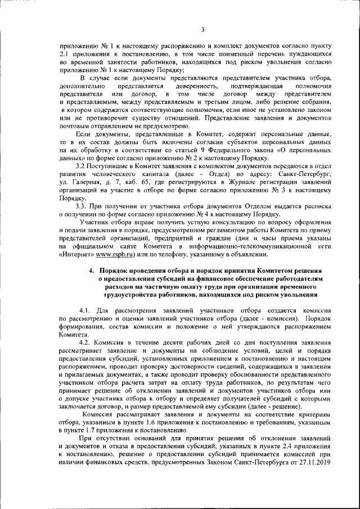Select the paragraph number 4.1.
click(x=87, y=310)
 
